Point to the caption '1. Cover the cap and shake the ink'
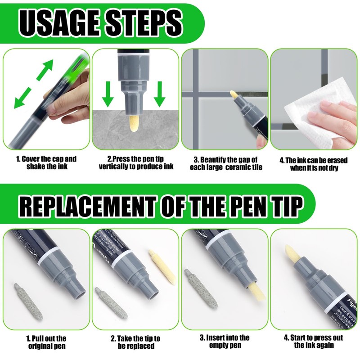tap(46, 163)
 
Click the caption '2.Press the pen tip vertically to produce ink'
tap(135, 163)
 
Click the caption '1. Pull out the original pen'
tap(47, 342)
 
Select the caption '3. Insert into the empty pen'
tap(225, 342)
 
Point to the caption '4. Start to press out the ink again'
tap(313, 342)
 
